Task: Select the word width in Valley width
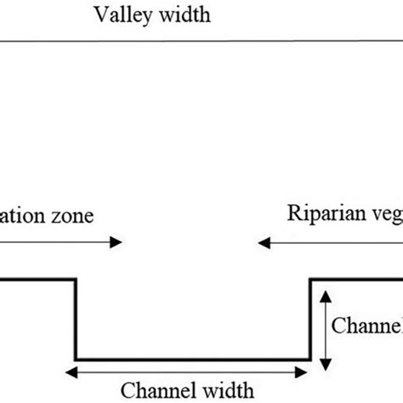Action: click(x=181, y=14)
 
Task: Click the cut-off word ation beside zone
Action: click(x=26, y=216)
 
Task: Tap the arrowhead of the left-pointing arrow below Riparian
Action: click(x=264, y=243)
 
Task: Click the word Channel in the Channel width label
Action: click(x=156, y=390)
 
